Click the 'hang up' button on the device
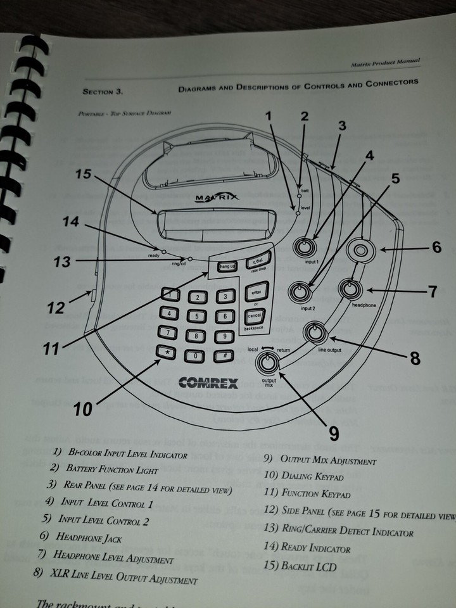point(226,267)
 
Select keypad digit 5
point(197,316)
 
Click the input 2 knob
point(299,292)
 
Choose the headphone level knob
point(348,289)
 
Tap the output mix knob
point(269,363)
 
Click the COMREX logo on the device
point(208,383)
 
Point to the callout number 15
point(84,174)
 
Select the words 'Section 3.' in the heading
point(102,92)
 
